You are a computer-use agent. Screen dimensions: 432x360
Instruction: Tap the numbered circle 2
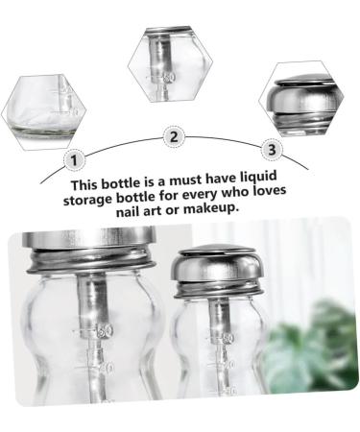pos(174,137)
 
